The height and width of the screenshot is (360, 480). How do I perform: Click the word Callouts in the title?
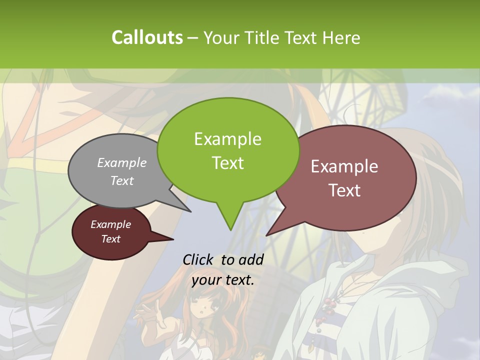(147, 37)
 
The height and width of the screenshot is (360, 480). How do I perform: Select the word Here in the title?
(342, 37)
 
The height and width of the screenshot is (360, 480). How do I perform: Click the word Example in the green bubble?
(227, 139)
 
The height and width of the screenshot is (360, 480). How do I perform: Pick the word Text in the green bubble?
(227, 163)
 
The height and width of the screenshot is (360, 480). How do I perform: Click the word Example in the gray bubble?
(122, 162)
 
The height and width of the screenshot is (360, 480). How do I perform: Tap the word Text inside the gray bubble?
(122, 180)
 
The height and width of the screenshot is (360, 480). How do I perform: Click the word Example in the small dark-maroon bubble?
(110, 224)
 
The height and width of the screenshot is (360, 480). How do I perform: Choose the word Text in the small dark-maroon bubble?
(110, 239)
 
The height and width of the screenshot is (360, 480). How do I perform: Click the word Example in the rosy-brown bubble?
(344, 166)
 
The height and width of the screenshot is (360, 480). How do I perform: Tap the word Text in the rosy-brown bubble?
(344, 190)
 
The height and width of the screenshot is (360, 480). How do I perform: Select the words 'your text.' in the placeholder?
(223, 280)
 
